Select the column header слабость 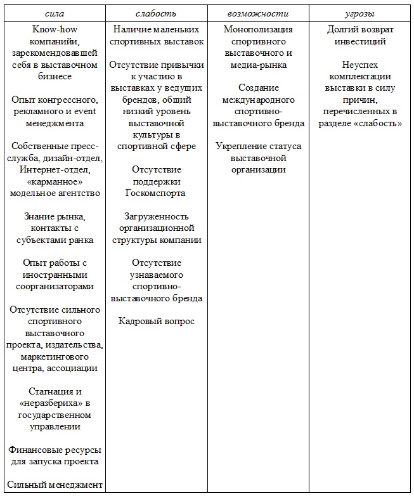pos(156,13)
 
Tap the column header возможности pos(257,13)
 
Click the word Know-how pos(55,30)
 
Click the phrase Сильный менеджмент pos(55,485)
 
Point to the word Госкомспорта pos(156,193)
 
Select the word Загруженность pos(156,216)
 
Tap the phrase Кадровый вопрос pos(156,321)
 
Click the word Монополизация pos(258,30)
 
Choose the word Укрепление pos(242,147)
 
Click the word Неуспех pos(360,65)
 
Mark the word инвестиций pos(360,42)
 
